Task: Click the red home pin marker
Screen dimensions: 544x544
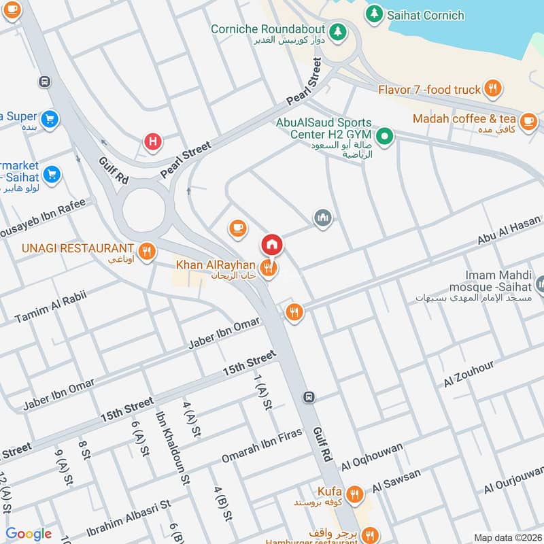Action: [x=271, y=244]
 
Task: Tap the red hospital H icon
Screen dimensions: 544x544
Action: [x=153, y=141]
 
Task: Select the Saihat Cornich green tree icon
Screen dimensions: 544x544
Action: [x=373, y=14]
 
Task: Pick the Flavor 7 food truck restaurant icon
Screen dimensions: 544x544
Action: [x=494, y=88]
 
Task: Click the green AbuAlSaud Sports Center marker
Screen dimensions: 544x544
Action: [x=384, y=137]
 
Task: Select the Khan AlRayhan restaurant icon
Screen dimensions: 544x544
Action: [x=269, y=267]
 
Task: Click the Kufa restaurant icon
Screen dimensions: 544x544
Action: [x=354, y=494]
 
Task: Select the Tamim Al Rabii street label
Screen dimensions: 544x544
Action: [x=52, y=304]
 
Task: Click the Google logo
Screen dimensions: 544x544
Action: [x=29, y=534]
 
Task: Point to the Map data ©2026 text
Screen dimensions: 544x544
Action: [x=507, y=537]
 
